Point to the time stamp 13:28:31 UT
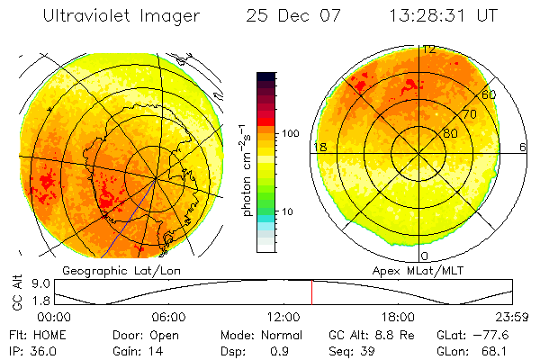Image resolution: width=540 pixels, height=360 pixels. click(444, 16)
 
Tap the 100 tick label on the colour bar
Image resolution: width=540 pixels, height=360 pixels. click(292, 133)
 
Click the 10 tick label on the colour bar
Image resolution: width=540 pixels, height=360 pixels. click(290, 211)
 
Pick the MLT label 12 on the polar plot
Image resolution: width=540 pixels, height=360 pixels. click(429, 49)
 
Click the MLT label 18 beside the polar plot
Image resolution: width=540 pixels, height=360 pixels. click(319, 147)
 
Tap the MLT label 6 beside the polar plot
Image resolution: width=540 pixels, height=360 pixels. click(523, 147)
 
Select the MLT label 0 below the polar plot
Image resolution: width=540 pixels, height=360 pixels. click(424, 256)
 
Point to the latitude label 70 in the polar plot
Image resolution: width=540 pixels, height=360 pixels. click(468, 114)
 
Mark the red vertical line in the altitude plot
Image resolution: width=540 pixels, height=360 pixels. click(311, 292)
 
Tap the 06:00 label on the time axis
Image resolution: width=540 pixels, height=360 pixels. click(168, 317)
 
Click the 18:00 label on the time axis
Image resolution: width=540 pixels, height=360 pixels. click(398, 317)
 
